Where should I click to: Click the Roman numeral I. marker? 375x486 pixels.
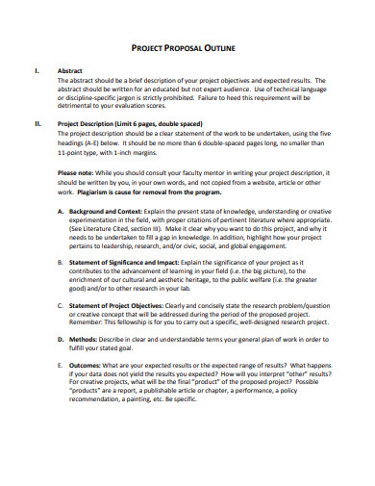coord(37,70)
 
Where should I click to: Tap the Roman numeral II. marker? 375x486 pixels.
coord(37,124)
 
